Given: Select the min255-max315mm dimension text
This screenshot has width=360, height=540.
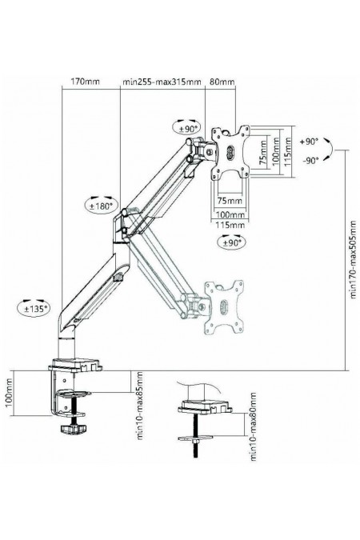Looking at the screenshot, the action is tap(162, 82).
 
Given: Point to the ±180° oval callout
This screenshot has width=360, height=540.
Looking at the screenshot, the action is tap(102, 206).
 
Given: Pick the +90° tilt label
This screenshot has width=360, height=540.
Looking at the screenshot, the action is tap(310, 142).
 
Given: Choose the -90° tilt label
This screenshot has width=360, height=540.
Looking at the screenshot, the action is tap(310, 161).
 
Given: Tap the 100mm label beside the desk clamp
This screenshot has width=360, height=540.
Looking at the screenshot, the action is tap(8, 393).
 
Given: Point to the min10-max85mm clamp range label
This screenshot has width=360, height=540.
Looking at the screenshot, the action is tap(139, 406).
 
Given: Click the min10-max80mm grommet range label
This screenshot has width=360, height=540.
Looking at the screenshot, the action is tap(254, 426).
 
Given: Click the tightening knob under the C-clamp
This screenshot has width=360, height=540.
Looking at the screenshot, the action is tap(73, 429).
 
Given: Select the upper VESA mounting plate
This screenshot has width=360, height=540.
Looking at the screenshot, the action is tap(230, 151).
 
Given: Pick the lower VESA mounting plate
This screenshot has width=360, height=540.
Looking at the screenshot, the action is tap(224, 307).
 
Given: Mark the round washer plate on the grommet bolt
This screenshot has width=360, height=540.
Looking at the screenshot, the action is tap(194, 438).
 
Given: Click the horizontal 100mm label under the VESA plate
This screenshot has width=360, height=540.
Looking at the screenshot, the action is tap(230, 214).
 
